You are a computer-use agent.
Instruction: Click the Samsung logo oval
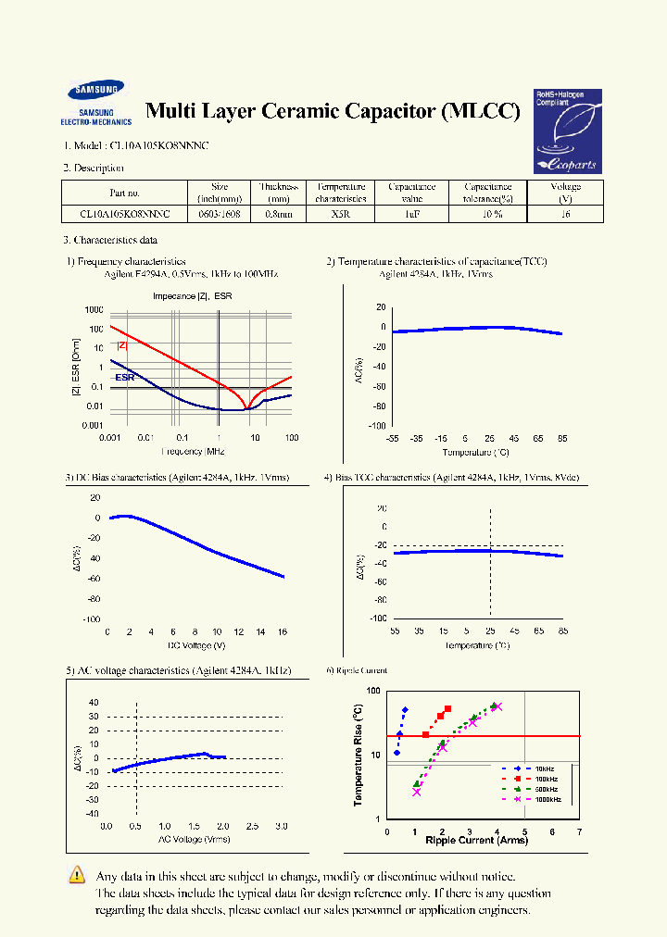click(94, 92)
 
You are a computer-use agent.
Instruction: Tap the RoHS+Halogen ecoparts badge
click(566, 131)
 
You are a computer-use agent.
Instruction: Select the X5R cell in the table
click(339, 214)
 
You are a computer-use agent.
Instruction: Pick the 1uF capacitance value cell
click(412, 214)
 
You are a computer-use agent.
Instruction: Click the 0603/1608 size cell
click(220, 214)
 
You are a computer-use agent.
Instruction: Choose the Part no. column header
click(124, 193)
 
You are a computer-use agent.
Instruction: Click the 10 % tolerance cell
click(488, 214)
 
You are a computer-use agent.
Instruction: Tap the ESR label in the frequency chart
click(125, 378)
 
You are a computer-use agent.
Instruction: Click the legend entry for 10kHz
click(543, 768)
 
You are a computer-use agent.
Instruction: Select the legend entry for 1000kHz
click(547, 799)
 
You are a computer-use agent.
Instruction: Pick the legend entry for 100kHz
click(545, 779)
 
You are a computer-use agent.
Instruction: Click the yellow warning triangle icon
click(77, 875)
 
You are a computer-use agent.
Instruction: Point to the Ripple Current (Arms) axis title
click(476, 841)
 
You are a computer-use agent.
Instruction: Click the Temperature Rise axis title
click(358, 755)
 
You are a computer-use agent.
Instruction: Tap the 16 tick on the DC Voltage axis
click(283, 631)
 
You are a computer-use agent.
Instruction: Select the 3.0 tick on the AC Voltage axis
click(282, 826)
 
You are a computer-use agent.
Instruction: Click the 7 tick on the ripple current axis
click(579, 831)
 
